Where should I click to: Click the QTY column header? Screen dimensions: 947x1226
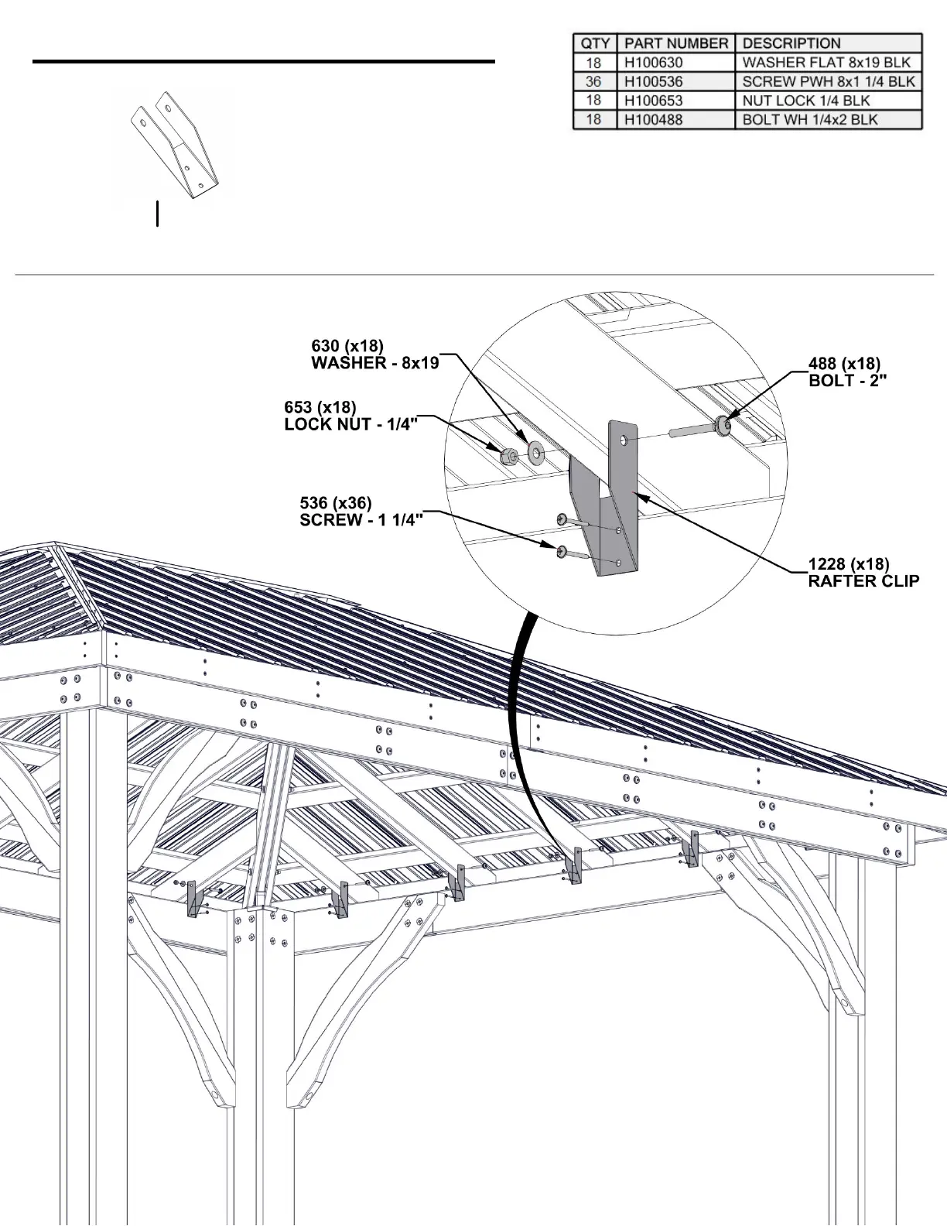594,43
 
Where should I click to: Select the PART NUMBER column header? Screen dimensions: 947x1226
675,43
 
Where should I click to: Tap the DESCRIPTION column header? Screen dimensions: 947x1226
791,43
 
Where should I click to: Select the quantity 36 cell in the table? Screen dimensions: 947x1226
593,81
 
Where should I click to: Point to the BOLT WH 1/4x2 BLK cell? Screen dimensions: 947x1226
809,120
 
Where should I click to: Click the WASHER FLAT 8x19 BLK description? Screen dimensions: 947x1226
826,63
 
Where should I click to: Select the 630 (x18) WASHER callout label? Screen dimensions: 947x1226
374,354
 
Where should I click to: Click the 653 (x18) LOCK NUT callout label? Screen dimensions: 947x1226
350,416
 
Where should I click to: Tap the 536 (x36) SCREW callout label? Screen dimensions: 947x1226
361,512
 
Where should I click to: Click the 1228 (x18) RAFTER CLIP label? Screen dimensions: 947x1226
863,572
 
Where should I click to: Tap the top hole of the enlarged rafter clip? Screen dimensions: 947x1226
624,440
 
